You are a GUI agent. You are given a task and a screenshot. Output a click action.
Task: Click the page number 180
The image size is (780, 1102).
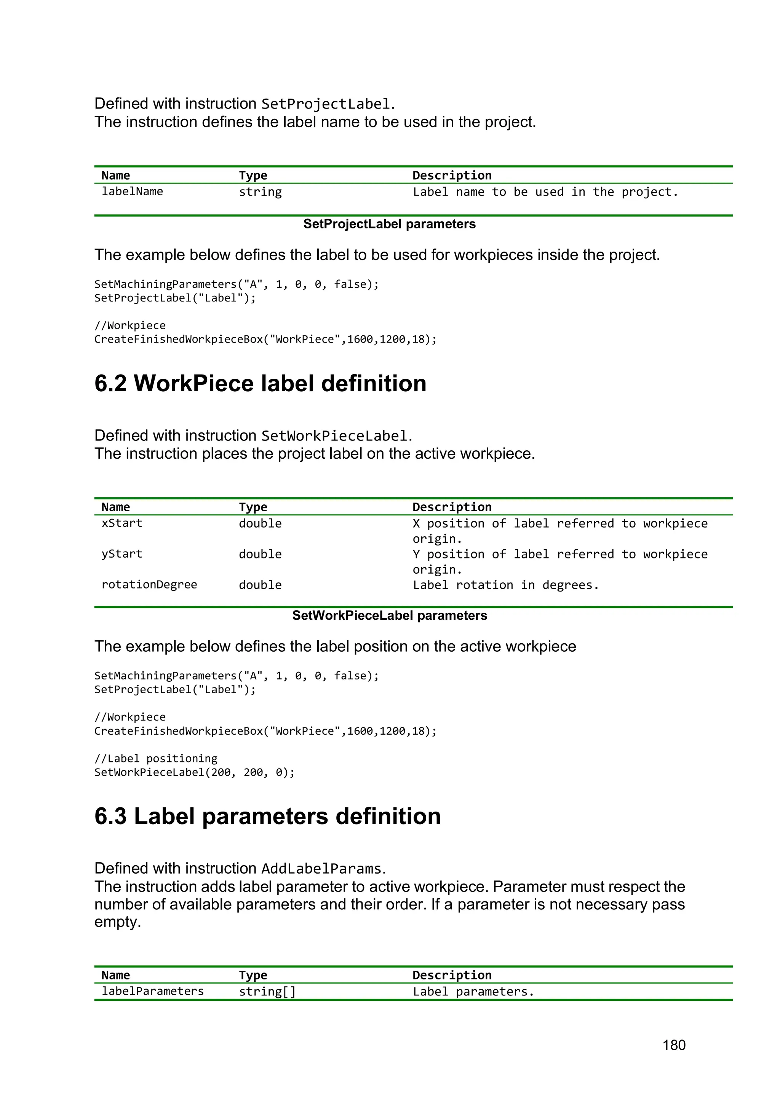click(x=673, y=1045)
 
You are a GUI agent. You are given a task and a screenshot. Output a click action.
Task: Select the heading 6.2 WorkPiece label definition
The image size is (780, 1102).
click(x=260, y=383)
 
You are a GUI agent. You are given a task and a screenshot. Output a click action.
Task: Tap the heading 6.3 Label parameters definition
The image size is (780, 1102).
click(x=267, y=817)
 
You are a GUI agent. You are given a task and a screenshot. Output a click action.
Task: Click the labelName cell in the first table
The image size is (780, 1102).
click(x=132, y=191)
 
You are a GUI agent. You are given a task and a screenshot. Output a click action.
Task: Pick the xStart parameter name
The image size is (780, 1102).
click(x=121, y=523)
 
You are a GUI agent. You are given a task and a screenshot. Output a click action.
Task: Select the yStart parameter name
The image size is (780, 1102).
click(x=121, y=554)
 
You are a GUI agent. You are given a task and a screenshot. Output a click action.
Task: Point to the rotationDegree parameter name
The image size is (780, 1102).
click(x=149, y=585)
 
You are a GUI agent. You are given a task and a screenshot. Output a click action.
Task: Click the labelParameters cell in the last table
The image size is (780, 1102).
click(x=152, y=991)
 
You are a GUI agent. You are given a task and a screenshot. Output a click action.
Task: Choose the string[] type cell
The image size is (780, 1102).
click(x=267, y=991)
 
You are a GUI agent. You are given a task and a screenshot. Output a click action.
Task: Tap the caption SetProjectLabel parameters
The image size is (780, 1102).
click(x=389, y=224)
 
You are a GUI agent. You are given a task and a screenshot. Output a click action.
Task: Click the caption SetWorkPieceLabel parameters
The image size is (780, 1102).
click(x=389, y=616)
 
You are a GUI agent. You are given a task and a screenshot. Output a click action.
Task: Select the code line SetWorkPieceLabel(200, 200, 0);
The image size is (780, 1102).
click(x=194, y=772)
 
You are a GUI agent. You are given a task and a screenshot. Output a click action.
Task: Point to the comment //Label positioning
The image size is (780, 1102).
click(x=156, y=758)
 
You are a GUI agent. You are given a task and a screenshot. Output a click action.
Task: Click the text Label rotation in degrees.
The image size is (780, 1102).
click(x=505, y=585)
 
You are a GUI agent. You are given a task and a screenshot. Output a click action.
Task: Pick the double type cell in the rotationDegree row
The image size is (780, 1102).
click(x=260, y=585)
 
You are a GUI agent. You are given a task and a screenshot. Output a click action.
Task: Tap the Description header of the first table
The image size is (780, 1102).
click(x=451, y=175)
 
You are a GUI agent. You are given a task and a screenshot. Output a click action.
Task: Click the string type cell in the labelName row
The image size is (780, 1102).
click(x=260, y=192)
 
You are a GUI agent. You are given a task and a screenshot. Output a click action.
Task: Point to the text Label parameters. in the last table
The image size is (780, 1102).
click(x=473, y=992)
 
